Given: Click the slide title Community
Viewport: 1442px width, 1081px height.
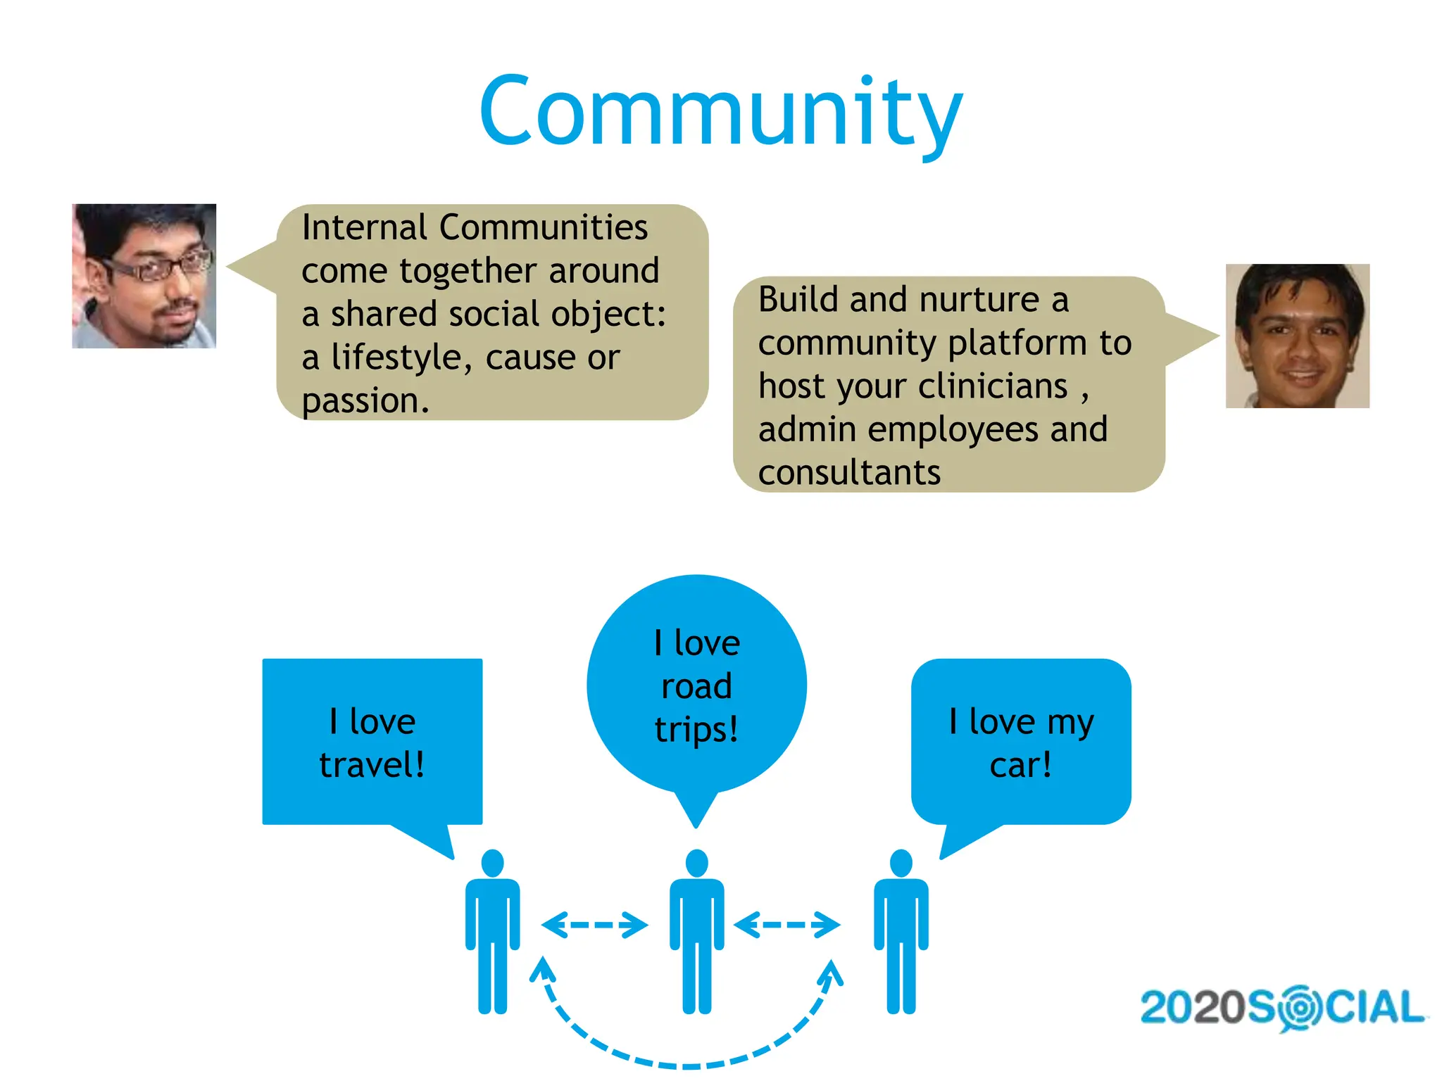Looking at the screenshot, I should pos(720,113).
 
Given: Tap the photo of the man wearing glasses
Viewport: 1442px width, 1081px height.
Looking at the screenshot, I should pos(144,276).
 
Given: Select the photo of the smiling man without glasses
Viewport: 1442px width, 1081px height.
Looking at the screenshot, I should pos(1297,336).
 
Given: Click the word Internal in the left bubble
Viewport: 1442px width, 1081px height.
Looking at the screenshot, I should pos(364,228).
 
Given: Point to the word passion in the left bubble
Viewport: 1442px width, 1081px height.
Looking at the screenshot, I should pos(364,401).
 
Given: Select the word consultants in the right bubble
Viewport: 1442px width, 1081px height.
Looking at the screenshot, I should pos(849,472).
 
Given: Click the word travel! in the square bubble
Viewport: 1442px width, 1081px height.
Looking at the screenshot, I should pos(372,765).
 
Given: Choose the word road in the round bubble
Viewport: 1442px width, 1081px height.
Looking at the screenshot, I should pos(696,686).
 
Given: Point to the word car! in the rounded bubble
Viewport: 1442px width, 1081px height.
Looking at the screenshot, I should pos(1020,765).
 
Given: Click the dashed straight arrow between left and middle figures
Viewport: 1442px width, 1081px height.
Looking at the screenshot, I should pos(594,925).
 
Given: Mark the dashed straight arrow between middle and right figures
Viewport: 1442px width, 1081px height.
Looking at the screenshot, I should pos(786,925).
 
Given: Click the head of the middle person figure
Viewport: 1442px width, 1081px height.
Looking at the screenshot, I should pos(696,863).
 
